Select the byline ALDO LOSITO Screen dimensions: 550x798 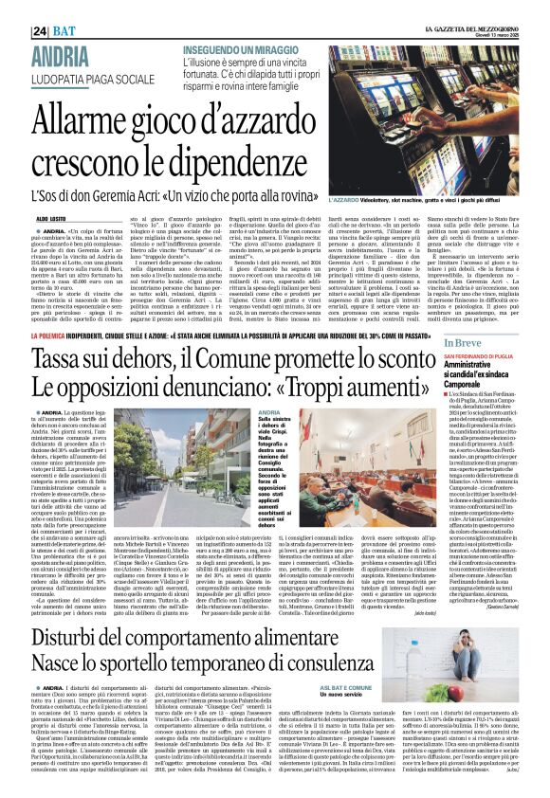pyautogui.click(x=50, y=217)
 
